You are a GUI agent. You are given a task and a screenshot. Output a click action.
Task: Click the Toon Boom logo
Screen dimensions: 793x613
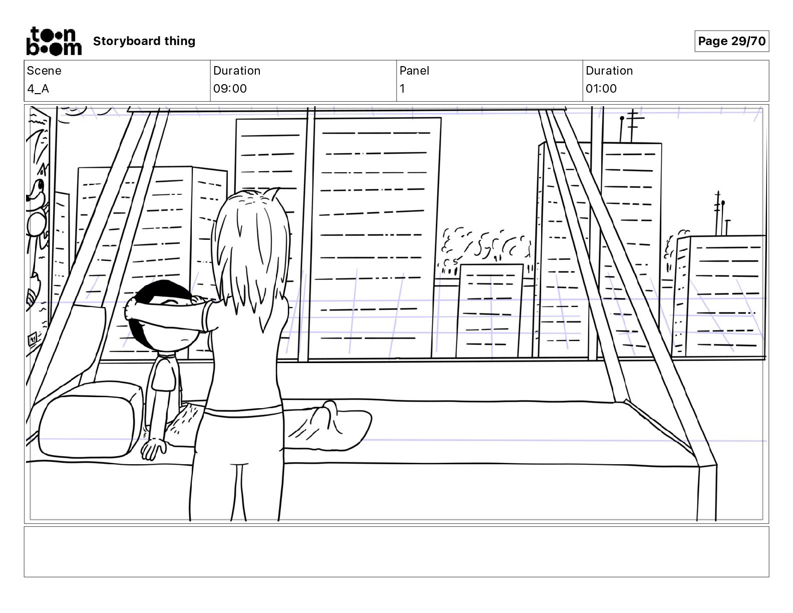tap(54, 41)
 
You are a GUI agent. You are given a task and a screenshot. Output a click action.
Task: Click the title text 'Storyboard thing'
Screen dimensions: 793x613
tap(144, 41)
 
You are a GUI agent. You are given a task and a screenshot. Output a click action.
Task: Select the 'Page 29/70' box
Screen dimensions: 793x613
tap(731, 41)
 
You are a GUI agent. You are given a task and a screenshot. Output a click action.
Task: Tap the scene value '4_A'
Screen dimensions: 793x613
tap(38, 89)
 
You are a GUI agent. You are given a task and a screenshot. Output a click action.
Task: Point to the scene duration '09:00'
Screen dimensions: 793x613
tap(230, 89)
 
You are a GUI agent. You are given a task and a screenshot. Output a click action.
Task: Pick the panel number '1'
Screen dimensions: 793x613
tap(402, 89)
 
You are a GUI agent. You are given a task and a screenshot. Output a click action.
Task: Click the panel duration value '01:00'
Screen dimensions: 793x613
tap(601, 89)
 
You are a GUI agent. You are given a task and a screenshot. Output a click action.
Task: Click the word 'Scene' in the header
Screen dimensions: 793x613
tap(44, 71)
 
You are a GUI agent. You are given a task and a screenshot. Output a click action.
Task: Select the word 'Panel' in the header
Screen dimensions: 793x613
tap(414, 71)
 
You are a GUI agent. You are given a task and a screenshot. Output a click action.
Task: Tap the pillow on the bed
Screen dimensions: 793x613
tap(90, 420)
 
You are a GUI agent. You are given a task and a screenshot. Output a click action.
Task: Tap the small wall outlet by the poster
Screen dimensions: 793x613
tap(33, 339)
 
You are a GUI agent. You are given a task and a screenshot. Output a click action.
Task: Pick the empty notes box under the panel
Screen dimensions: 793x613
tap(396, 551)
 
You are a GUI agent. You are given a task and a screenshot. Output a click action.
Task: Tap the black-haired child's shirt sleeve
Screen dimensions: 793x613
tap(164, 375)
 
